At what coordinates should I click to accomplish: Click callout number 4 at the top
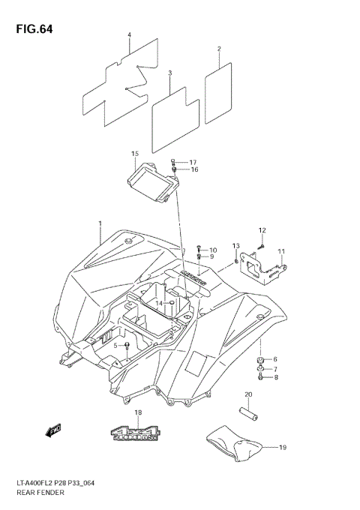pyautogui.click(x=129, y=35)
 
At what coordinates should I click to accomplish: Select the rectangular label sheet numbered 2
pyautogui.click(x=218, y=82)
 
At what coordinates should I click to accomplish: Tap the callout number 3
pyautogui.click(x=170, y=73)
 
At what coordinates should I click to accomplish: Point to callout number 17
pyautogui.click(x=193, y=162)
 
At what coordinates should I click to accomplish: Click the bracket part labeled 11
pyautogui.click(x=264, y=268)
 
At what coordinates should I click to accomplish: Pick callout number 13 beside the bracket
pyautogui.click(x=235, y=246)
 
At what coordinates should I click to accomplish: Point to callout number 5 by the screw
pyautogui.click(x=116, y=345)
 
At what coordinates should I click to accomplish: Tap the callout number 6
pyautogui.click(x=274, y=359)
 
